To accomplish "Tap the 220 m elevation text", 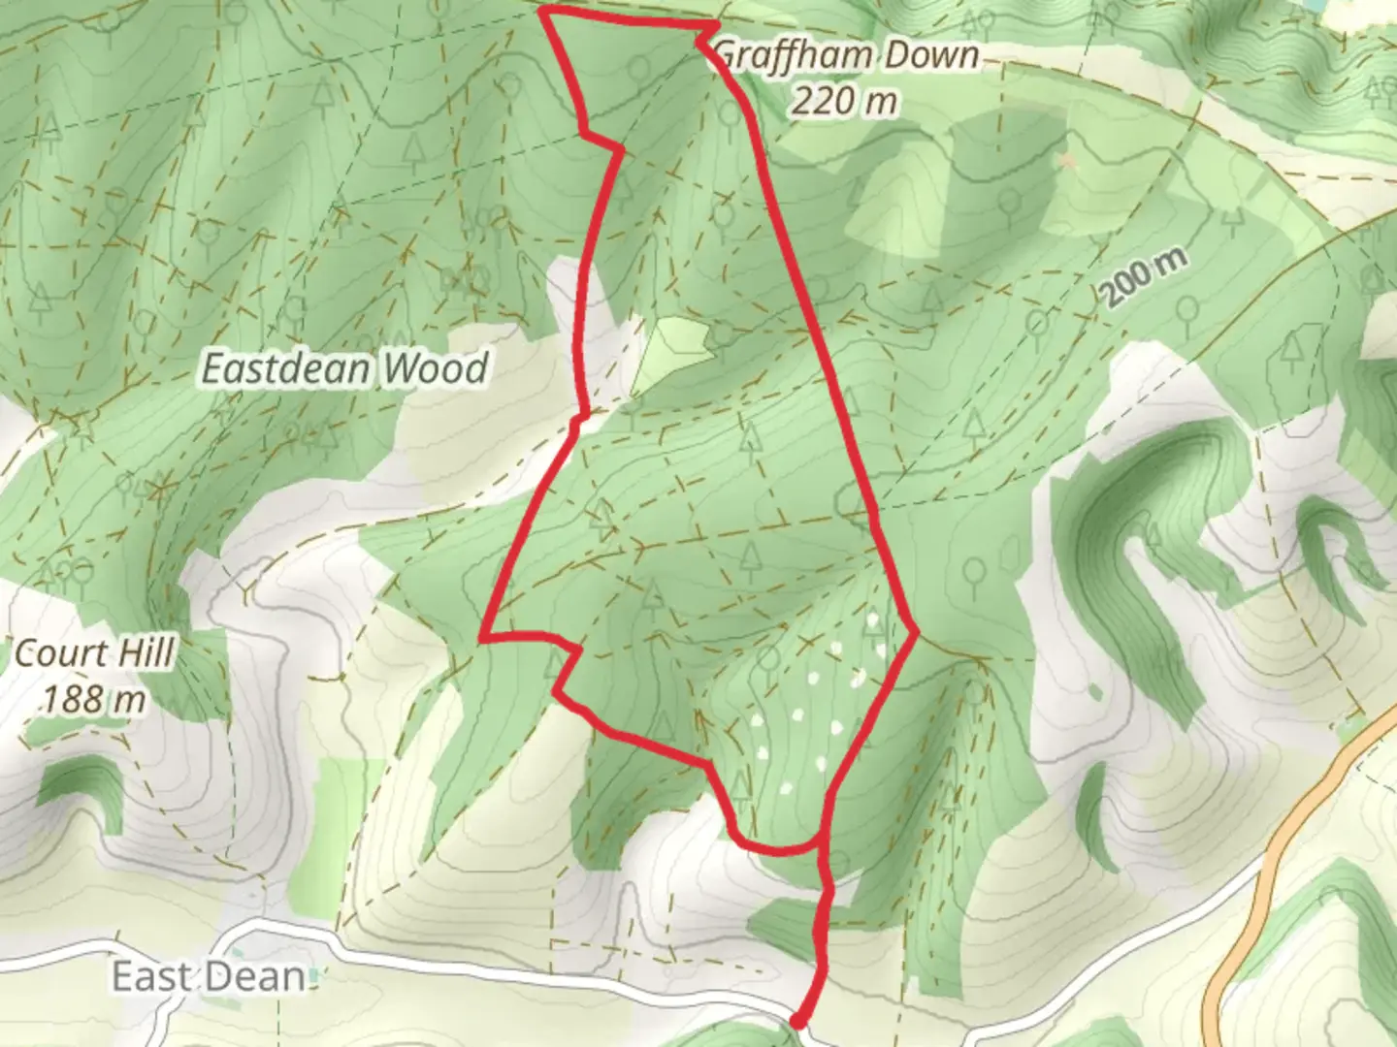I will tap(843, 100).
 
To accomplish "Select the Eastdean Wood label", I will tap(343, 369).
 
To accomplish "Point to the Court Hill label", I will tap(95, 653).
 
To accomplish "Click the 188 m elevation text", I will tap(93, 697).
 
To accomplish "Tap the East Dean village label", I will tap(209, 976).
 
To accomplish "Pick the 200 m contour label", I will tap(1145, 280).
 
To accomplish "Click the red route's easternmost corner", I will tap(916, 633).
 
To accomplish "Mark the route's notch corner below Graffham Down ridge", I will tap(619, 148).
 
